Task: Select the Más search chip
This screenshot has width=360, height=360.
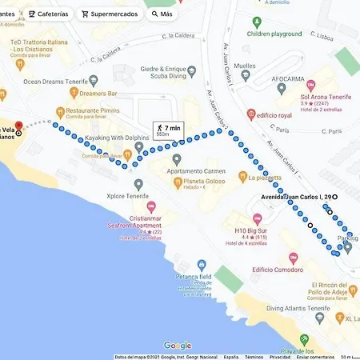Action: coord(162,14)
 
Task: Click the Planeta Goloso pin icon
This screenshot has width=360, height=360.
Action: coord(178,182)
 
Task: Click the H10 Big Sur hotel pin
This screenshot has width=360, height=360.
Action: coord(257,219)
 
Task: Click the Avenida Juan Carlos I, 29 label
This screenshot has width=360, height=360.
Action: coord(296,197)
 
